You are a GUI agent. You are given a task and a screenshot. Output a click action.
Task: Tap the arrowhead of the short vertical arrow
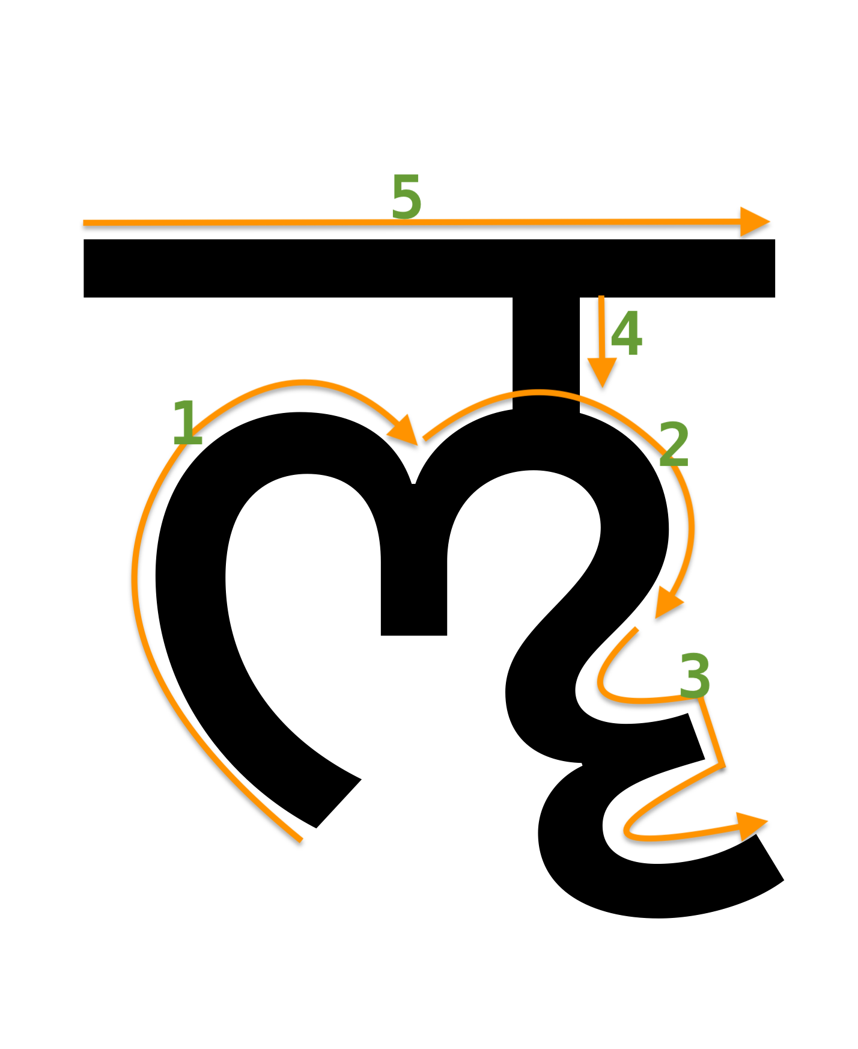[x=602, y=371]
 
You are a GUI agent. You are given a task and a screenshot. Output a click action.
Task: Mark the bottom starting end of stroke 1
[x=301, y=840]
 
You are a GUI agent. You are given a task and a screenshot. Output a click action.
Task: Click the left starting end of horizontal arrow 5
[x=84, y=222]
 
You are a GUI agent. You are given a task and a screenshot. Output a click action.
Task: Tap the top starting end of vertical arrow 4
[x=601, y=297]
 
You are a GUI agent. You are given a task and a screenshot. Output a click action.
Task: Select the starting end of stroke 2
[x=424, y=439]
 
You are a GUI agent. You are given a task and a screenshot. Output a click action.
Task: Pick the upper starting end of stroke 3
[x=636, y=628]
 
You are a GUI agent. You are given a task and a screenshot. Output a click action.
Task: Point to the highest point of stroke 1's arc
[x=303, y=381]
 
